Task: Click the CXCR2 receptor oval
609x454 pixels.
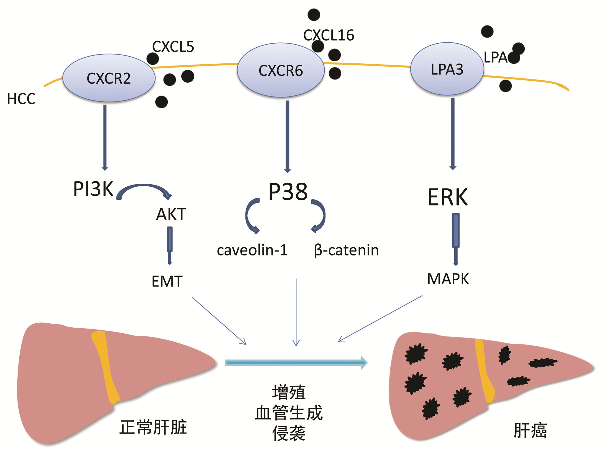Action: point(109,78)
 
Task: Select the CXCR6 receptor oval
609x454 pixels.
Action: point(281,70)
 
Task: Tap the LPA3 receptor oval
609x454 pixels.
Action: point(447,69)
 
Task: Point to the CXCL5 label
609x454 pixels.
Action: point(173,47)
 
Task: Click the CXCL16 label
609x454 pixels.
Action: point(329,35)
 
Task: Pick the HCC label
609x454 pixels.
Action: point(21,99)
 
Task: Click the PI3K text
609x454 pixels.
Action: point(93,189)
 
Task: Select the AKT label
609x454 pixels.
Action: point(171,214)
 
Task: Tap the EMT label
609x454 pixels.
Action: point(167,281)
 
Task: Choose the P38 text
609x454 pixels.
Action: point(288,192)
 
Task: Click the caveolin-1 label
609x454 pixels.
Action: point(252,250)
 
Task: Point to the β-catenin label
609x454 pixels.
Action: point(346,250)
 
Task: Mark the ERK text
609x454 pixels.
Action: point(448,197)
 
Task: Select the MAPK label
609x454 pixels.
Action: point(448,279)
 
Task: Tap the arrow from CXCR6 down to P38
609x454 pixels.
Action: point(288,136)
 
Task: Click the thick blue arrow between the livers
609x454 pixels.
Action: point(296,362)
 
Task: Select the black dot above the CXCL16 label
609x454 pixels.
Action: point(314,15)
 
